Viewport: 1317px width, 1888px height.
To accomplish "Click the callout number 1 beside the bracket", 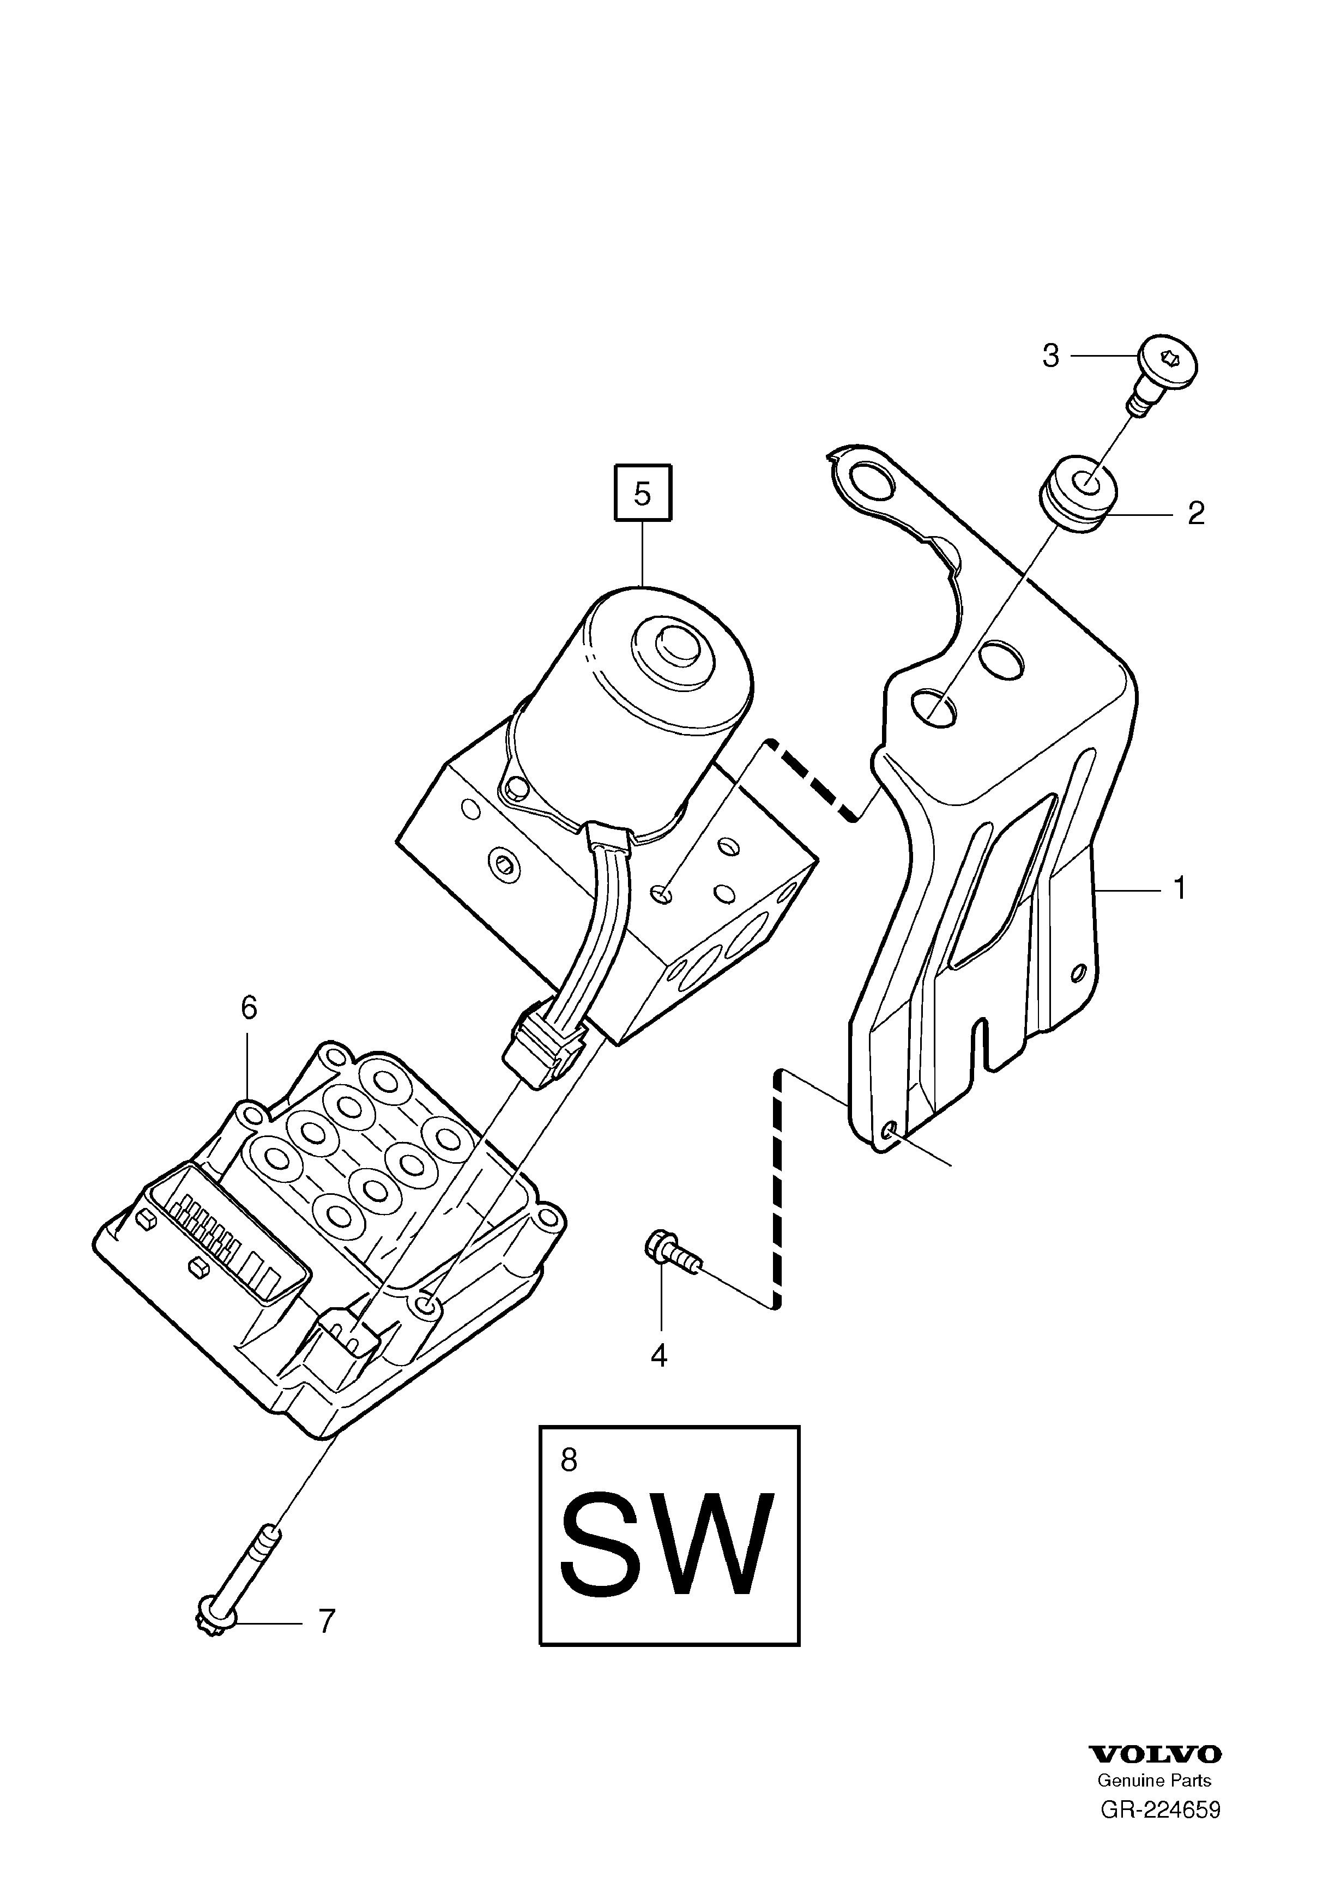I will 1180,889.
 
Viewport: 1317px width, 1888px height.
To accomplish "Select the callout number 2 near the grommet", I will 1196,513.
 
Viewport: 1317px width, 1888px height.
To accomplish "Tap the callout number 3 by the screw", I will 1050,356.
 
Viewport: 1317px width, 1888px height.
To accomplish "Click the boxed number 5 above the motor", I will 643,494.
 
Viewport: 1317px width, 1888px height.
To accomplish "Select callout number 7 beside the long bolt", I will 327,1621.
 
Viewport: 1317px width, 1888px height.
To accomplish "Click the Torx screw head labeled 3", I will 1168,361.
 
